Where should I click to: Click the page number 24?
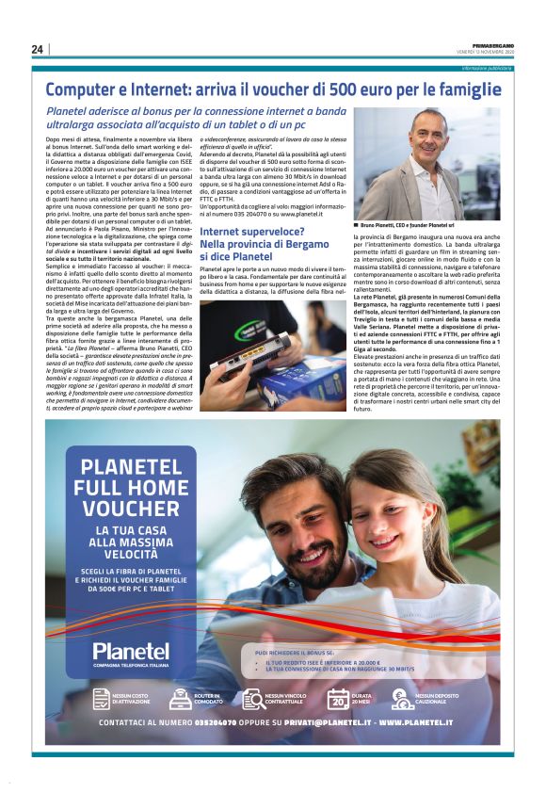[x=38, y=49]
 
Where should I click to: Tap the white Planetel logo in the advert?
[x=130, y=651]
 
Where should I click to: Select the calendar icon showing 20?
[x=338, y=698]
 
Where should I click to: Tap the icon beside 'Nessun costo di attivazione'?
[x=101, y=698]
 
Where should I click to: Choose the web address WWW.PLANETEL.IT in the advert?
[x=426, y=723]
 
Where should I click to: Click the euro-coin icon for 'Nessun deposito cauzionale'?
[x=402, y=698]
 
